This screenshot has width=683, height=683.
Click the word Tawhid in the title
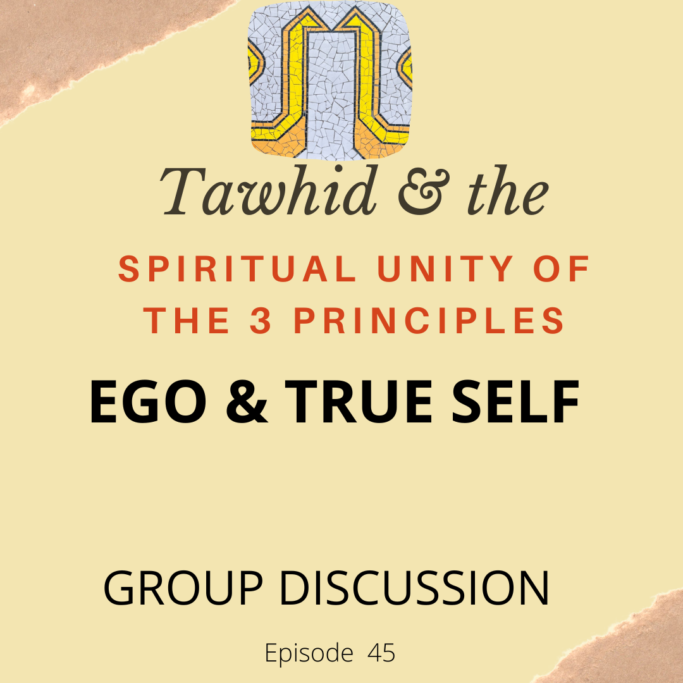pos(269,191)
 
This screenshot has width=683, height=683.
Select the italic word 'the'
pos(508,191)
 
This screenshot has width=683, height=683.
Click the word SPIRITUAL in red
pos(237,269)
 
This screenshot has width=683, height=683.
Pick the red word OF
pos(562,269)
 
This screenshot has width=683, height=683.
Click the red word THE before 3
pos(187,320)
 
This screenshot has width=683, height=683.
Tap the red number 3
pos(261,321)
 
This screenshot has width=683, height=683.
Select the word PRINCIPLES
pos(429,321)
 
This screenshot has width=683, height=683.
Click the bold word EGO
pos(147,402)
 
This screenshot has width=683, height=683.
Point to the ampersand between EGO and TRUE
pos(247,402)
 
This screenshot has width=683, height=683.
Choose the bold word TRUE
pos(358,402)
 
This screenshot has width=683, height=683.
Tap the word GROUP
pos(183,588)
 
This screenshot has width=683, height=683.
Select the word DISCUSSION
pos(414,588)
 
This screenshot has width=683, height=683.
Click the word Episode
pos(309,653)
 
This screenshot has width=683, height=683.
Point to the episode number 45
pos(381,653)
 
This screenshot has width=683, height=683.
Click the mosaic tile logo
pos(329,80)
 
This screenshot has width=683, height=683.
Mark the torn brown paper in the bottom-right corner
pos(627,644)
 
